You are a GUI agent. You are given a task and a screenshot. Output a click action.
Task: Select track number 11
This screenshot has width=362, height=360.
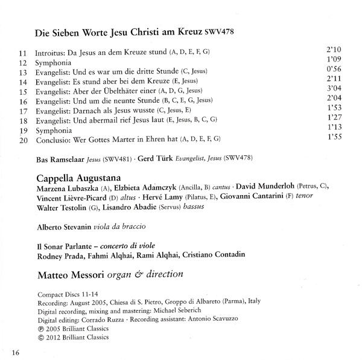point(23,53)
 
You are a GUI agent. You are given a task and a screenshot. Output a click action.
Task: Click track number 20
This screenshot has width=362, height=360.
point(24,140)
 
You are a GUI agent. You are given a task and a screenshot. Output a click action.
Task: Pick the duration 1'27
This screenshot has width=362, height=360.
point(334,117)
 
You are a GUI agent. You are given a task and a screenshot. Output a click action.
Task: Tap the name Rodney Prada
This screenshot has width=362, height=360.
point(61,254)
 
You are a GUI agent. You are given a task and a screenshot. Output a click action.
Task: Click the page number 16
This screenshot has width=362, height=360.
point(15,352)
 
